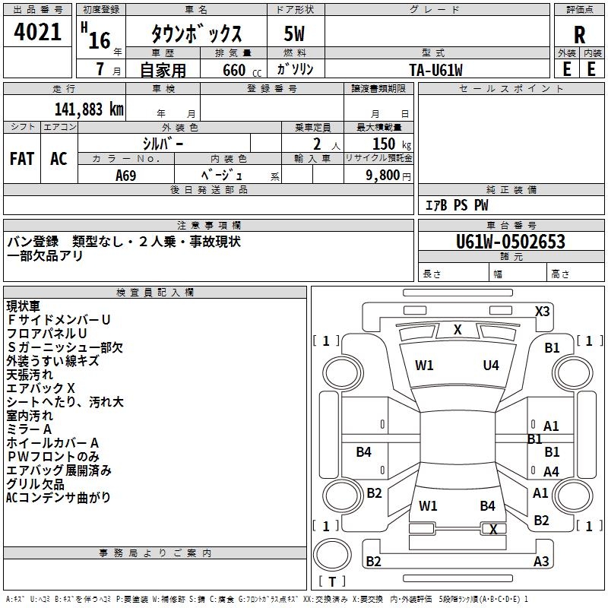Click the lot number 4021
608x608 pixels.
[37, 32]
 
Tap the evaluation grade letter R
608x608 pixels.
[579, 34]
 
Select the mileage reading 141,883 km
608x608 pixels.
[89, 109]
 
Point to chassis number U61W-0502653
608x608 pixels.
[510, 242]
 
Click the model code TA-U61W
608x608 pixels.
[435, 69]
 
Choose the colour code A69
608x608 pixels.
[126, 175]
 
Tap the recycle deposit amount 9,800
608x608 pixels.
[388, 175]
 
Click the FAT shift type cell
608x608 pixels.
[22, 158]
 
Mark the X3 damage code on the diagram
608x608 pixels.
[542, 311]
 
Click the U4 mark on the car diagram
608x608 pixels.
[491, 366]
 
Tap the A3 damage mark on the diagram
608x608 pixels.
[541, 562]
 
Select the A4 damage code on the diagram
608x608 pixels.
[551, 472]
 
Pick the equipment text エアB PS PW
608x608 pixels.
[456, 205]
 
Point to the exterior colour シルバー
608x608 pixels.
[163, 143]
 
